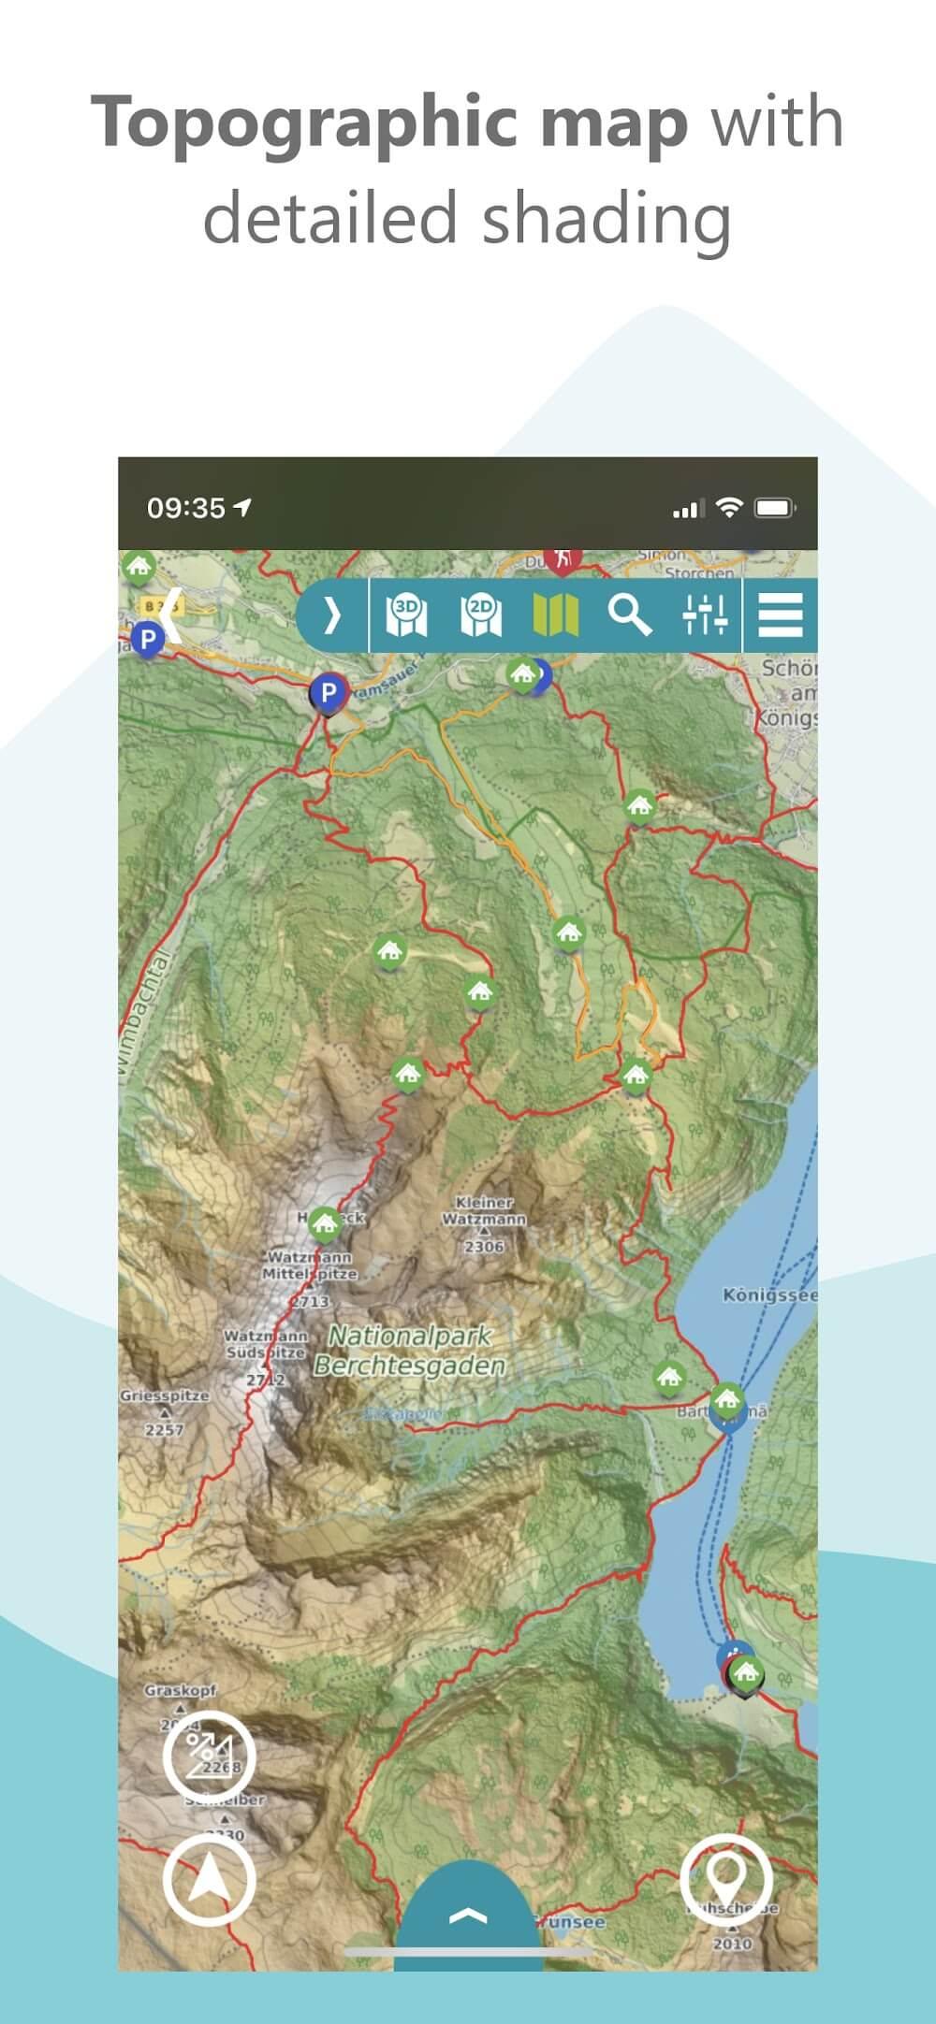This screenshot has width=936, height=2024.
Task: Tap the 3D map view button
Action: pos(407,614)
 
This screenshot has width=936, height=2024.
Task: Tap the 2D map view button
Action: pos(481,614)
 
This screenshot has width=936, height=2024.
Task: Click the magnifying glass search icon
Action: pos(630,614)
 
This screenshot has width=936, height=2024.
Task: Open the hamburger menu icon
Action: pos(780,614)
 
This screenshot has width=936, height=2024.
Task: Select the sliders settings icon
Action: pos(705,614)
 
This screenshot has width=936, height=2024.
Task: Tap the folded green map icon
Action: pos(555,614)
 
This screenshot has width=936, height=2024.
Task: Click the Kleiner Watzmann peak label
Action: pos(484,1210)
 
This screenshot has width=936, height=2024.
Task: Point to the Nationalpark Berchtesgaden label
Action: pos(410,1351)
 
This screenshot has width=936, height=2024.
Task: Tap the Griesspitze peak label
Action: pos(164,1395)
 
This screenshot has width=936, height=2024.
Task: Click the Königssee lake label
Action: pos(769,1295)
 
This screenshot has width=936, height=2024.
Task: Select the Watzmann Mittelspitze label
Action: pos(309,1266)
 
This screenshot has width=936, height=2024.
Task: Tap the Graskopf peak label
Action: pos(180,1691)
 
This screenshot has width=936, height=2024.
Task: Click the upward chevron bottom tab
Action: pos(468,1916)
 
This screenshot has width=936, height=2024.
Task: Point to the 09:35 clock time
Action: pos(186,508)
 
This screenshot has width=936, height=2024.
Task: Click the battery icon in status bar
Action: pos(775,508)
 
